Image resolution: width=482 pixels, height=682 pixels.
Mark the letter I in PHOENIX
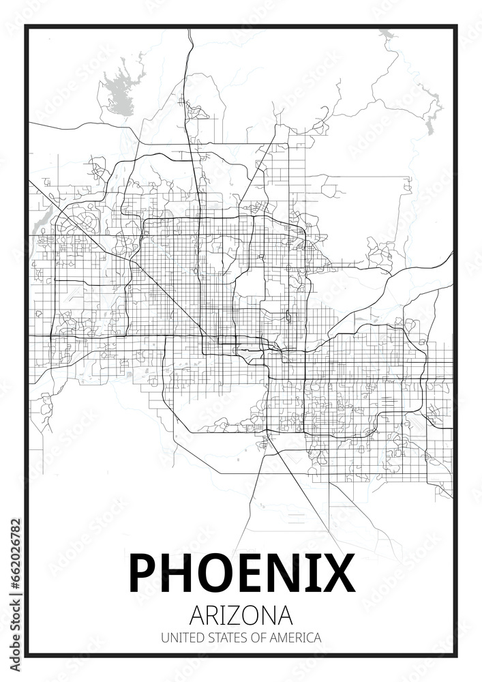[x=310, y=572]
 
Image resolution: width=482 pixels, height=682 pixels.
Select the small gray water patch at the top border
[x=386, y=33]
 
